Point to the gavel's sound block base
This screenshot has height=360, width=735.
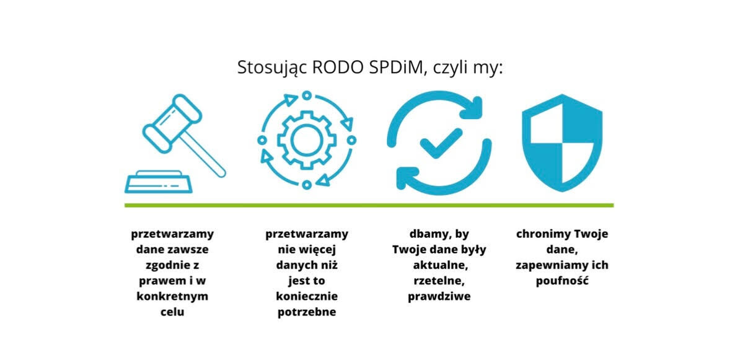158,182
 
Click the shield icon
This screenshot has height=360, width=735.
562,143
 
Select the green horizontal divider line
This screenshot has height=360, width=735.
369,205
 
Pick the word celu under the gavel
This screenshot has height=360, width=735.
172,312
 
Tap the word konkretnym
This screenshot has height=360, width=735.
172,296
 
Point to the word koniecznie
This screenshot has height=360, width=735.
307,297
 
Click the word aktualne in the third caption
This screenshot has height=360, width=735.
439,266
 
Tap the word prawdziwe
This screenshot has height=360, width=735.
439,297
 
